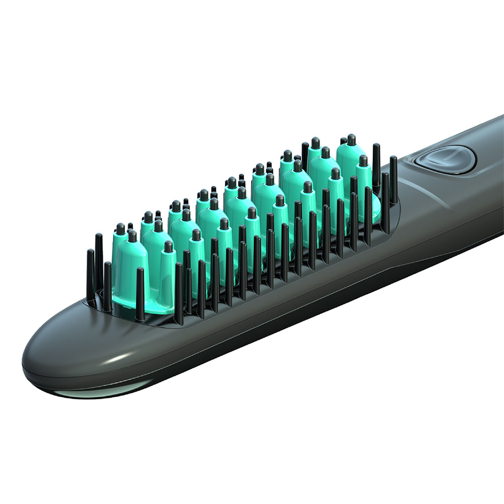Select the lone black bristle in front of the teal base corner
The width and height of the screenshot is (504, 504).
(x=140, y=292)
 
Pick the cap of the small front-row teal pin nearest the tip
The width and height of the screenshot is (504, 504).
(x=168, y=246)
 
